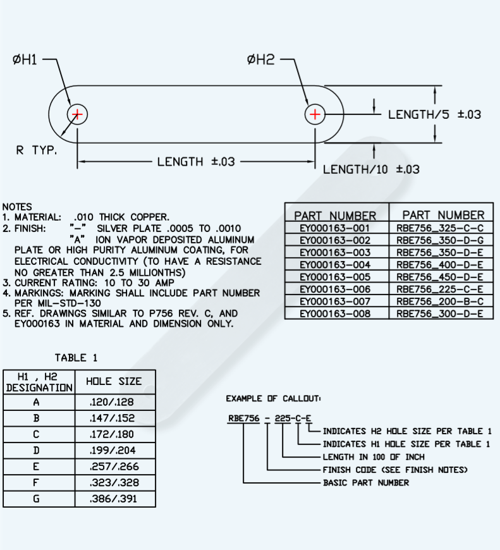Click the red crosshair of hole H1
(77, 114)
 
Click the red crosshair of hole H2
(315, 114)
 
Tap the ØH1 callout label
(25, 60)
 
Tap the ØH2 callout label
(260, 60)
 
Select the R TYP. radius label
(36, 150)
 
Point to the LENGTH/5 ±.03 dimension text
(434, 114)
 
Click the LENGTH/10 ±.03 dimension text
(371, 169)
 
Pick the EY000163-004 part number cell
(336, 264)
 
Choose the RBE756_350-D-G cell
(440, 240)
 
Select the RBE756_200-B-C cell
(440, 301)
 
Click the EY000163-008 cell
(336, 313)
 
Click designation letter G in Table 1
(37, 499)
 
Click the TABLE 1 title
(76, 358)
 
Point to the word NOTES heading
(17, 207)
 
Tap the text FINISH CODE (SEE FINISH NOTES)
(395, 470)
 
